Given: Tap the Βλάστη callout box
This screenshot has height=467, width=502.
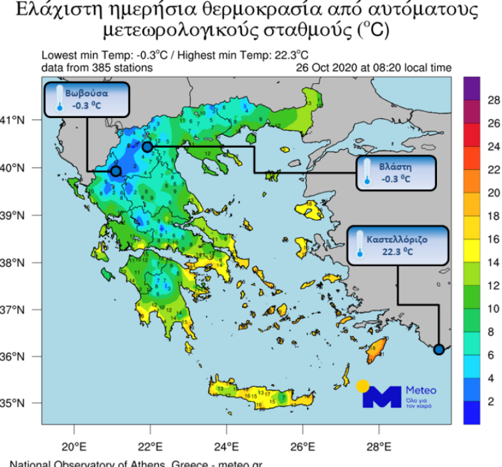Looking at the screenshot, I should coord(396,173).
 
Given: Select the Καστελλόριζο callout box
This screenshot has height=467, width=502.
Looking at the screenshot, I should coord(398,246).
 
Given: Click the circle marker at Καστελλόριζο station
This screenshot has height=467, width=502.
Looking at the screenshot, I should coord(439,350).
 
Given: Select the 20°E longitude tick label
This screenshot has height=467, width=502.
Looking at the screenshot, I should coord(74,445).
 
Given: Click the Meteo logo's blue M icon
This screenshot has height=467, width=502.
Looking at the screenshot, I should coord(382,397).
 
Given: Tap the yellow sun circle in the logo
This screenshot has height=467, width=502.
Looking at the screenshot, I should coord(362,386).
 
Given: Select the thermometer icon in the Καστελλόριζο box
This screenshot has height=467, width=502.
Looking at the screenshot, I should coord(359,246).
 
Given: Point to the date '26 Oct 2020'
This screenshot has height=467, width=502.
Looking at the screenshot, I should coord(323,68).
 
